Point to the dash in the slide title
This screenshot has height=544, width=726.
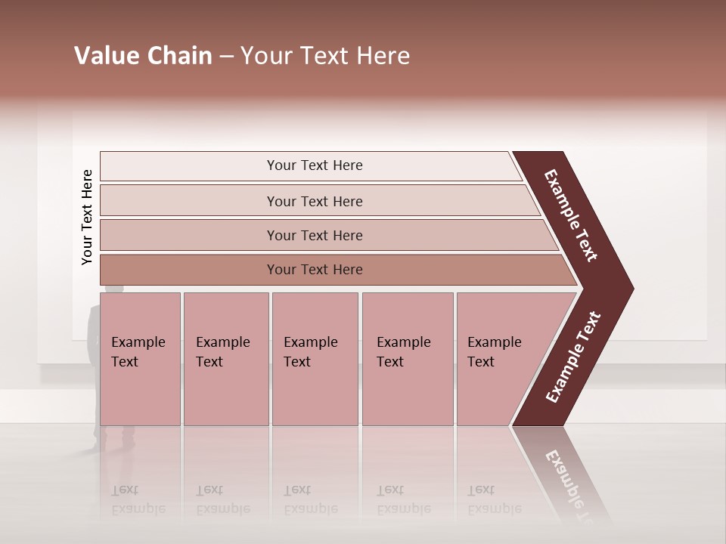(226, 57)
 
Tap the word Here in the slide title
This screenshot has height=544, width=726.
(382, 56)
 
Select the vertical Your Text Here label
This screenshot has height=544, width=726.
(87, 218)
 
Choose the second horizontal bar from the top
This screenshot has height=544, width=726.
(314, 201)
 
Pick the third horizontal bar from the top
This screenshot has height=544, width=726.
(314, 235)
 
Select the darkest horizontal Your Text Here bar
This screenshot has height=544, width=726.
(314, 270)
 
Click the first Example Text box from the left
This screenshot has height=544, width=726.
(140, 359)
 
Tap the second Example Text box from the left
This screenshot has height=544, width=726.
(225, 359)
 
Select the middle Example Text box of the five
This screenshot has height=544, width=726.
(315, 359)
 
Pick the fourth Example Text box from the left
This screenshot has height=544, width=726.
(407, 359)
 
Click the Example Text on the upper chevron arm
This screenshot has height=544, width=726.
(571, 215)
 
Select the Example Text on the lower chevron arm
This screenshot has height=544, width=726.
(573, 357)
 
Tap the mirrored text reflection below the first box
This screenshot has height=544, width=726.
(138, 500)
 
